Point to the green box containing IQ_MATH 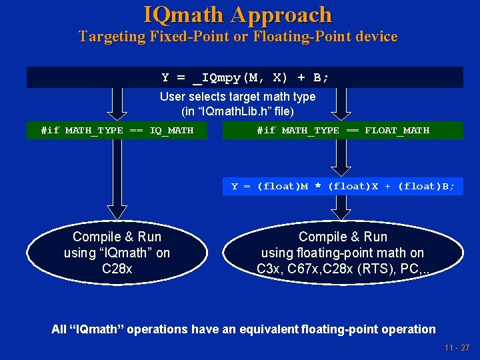117,130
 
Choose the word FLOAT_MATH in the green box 397,130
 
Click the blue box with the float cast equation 343,187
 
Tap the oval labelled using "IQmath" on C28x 117,253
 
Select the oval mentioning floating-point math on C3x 343,253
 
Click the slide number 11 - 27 456,348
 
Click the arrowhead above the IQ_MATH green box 117,114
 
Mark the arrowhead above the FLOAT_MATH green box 341,114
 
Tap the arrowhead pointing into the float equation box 341,171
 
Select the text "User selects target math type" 237,97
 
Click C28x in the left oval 117,269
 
